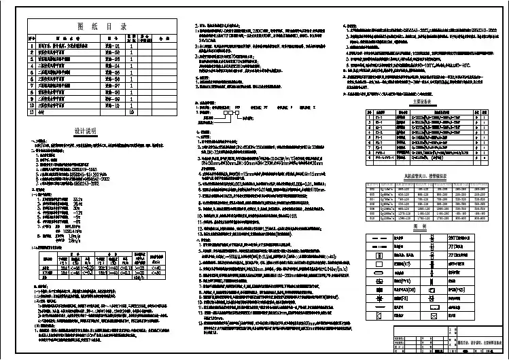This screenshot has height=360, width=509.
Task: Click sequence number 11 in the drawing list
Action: point(31,113)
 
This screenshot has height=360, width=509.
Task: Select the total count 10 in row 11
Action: point(132,113)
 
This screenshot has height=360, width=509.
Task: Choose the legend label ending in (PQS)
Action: point(457,289)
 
